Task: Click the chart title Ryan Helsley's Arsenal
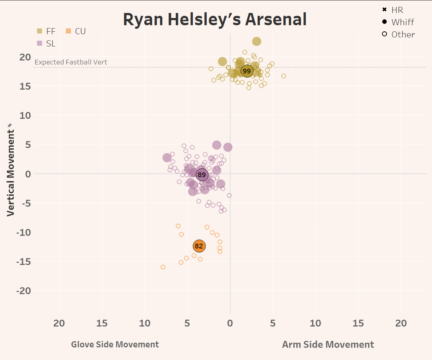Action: pos(215,19)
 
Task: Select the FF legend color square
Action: pos(40,31)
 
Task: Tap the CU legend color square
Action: pos(68,31)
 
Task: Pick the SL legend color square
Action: pos(40,44)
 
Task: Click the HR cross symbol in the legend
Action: pos(384,10)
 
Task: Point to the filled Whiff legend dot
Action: pos(384,22)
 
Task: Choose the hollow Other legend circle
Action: pos(384,34)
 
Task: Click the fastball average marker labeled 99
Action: pos(247,71)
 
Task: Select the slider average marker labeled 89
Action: pos(202,175)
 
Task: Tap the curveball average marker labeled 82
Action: pos(199,246)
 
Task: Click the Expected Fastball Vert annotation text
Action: pos(71,62)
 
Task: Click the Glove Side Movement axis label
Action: pos(115,345)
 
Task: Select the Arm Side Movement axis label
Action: pos(328,345)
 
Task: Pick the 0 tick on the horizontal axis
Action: pos(230,323)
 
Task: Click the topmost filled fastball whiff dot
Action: pos(256,41)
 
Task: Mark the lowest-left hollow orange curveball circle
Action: pos(163,267)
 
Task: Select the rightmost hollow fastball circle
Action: pos(284,76)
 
